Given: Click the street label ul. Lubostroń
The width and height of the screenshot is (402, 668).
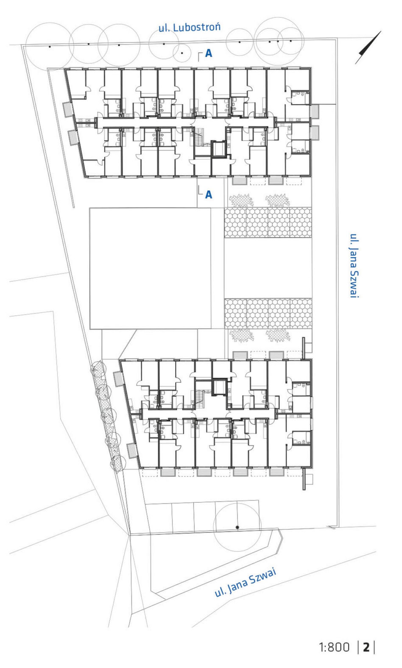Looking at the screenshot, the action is click(190, 28).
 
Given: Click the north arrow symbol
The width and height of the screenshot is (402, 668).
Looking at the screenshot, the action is click(368, 47).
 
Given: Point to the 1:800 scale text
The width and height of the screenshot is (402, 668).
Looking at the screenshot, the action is click(334, 647).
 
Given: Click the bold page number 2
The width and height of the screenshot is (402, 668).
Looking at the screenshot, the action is click(366, 647).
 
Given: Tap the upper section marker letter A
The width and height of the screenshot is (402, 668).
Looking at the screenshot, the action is click(209, 53).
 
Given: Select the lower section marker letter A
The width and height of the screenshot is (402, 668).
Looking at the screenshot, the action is click(209, 195).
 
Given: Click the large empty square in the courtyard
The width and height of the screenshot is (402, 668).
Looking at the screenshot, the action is click(150, 268).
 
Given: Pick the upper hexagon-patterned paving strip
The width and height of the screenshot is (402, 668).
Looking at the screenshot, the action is click(268, 223).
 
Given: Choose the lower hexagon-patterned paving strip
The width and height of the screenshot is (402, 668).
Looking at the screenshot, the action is click(268, 313).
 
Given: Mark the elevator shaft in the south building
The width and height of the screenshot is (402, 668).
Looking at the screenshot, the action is click(219, 387).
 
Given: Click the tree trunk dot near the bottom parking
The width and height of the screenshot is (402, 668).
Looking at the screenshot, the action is click(237, 527).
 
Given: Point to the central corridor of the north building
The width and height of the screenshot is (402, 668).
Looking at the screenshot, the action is click(185, 122).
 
